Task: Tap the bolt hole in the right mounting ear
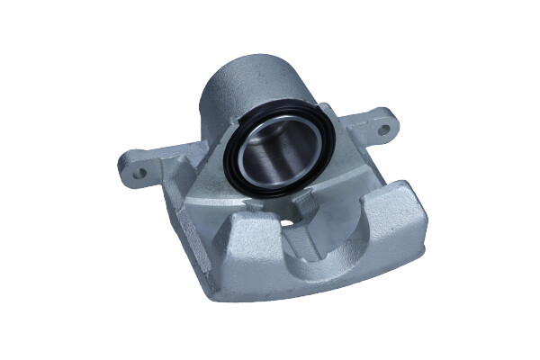tap(383, 130)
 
